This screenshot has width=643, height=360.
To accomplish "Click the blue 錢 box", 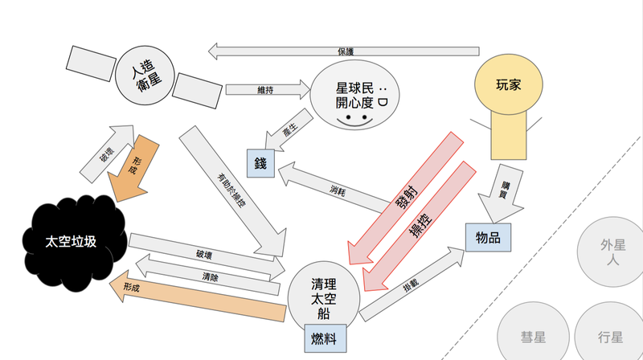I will point(261,163).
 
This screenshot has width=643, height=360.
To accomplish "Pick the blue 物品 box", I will point(488,237).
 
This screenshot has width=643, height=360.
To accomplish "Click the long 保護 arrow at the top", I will point(346,51).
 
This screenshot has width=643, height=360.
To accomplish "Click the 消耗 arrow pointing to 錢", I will point(338,190).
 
